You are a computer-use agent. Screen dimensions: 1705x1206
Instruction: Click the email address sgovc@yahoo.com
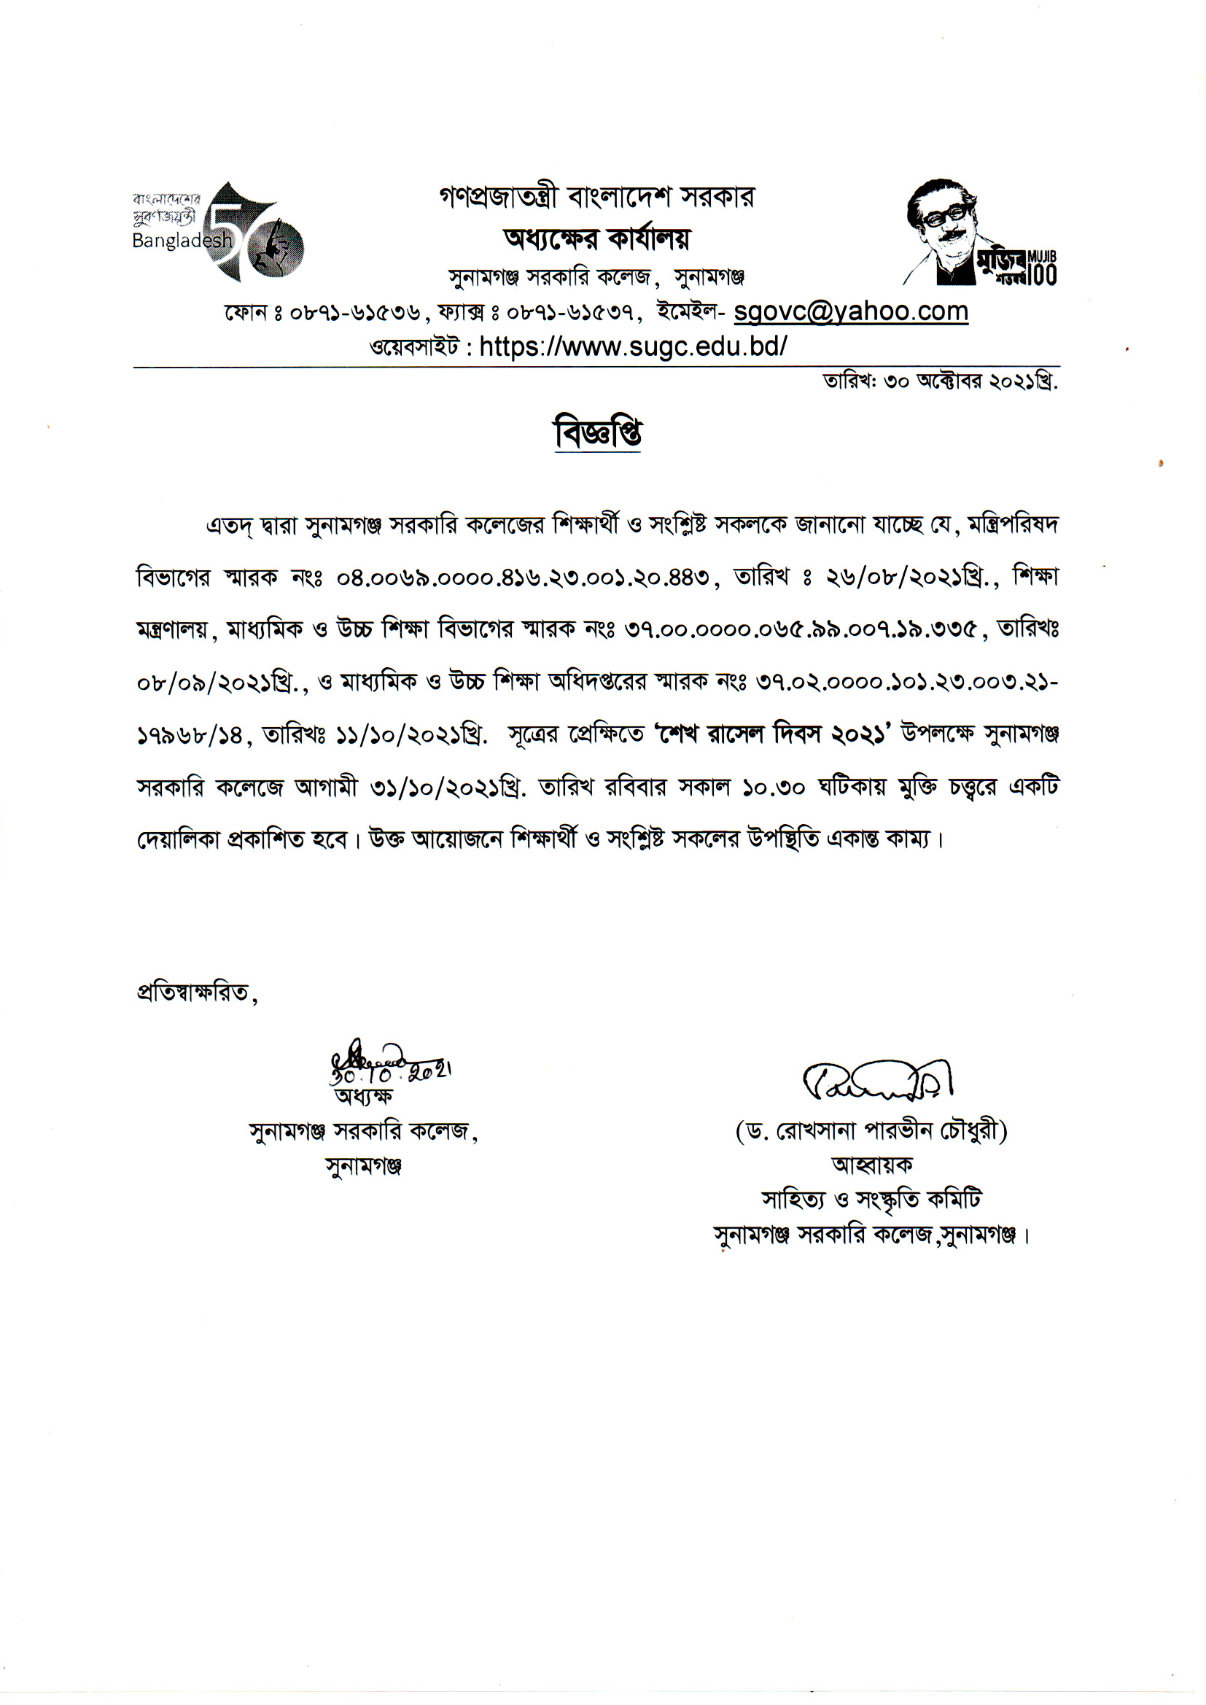coord(850,312)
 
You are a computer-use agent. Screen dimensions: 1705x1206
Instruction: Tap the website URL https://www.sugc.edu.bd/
coord(633,347)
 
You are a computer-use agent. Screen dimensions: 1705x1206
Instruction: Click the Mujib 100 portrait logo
coord(979,233)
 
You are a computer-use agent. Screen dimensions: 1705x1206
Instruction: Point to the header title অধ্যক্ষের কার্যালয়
coord(596,239)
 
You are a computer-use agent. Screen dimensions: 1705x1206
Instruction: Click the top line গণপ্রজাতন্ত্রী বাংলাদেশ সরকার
coord(596,198)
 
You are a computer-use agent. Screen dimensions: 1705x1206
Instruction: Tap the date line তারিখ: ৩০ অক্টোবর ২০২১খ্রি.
coord(939,382)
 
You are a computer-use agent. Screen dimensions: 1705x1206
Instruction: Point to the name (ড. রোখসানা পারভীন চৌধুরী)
coord(871,1132)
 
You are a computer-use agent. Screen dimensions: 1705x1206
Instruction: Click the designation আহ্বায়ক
coord(872,1165)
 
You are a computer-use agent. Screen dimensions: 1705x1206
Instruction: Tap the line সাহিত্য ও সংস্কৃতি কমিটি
coord(871,1200)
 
